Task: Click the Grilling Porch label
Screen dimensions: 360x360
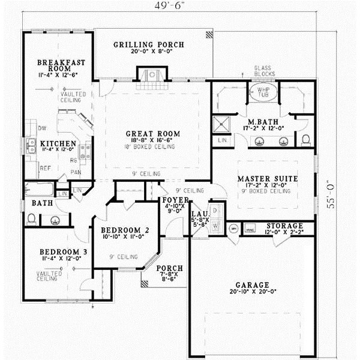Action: [148, 44]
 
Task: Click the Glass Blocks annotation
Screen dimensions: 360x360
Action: [265, 71]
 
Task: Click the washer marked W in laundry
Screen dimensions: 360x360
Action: [215, 226]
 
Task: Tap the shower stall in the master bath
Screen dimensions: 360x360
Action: [223, 124]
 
